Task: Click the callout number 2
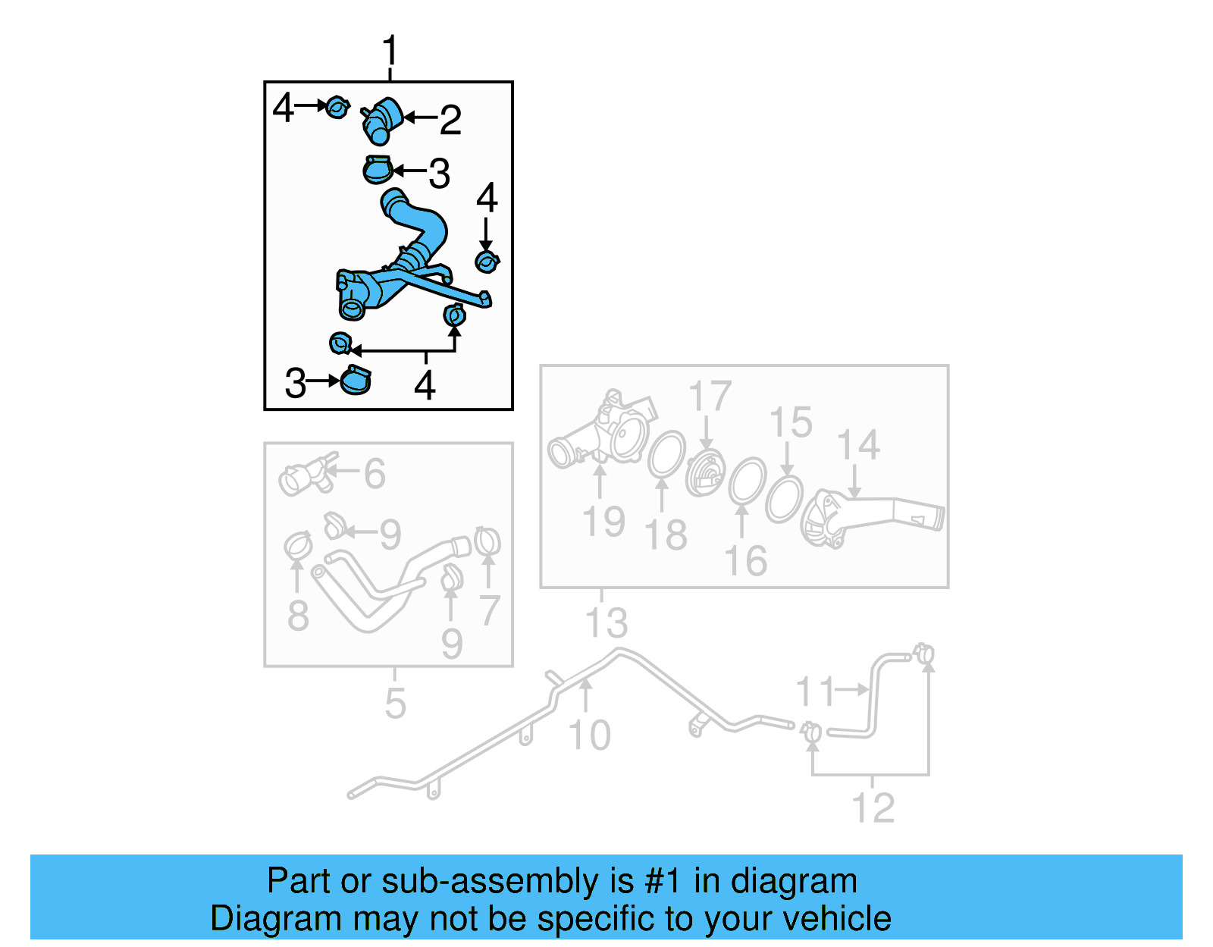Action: pyautogui.click(x=450, y=120)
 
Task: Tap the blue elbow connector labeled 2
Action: pyautogui.click(x=383, y=120)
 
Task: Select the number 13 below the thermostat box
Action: pyautogui.click(x=606, y=622)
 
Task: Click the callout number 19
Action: pyautogui.click(x=603, y=522)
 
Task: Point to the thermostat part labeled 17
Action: pyautogui.click(x=705, y=475)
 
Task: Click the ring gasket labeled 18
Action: pyautogui.click(x=666, y=455)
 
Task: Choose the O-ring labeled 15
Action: pyautogui.click(x=784, y=499)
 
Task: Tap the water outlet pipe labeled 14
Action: pyautogui.click(x=872, y=519)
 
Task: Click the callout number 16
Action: pyautogui.click(x=745, y=561)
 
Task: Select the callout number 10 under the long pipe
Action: pyautogui.click(x=589, y=735)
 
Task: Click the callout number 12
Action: pyautogui.click(x=873, y=808)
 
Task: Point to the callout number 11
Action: pyautogui.click(x=815, y=691)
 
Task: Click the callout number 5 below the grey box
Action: pyautogui.click(x=395, y=704)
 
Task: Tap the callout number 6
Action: pyautogui.click(x=375, y=474)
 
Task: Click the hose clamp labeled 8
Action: pyautogui.click(x=298, y=545)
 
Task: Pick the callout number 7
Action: pyautogui.click(x=490, y=610)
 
